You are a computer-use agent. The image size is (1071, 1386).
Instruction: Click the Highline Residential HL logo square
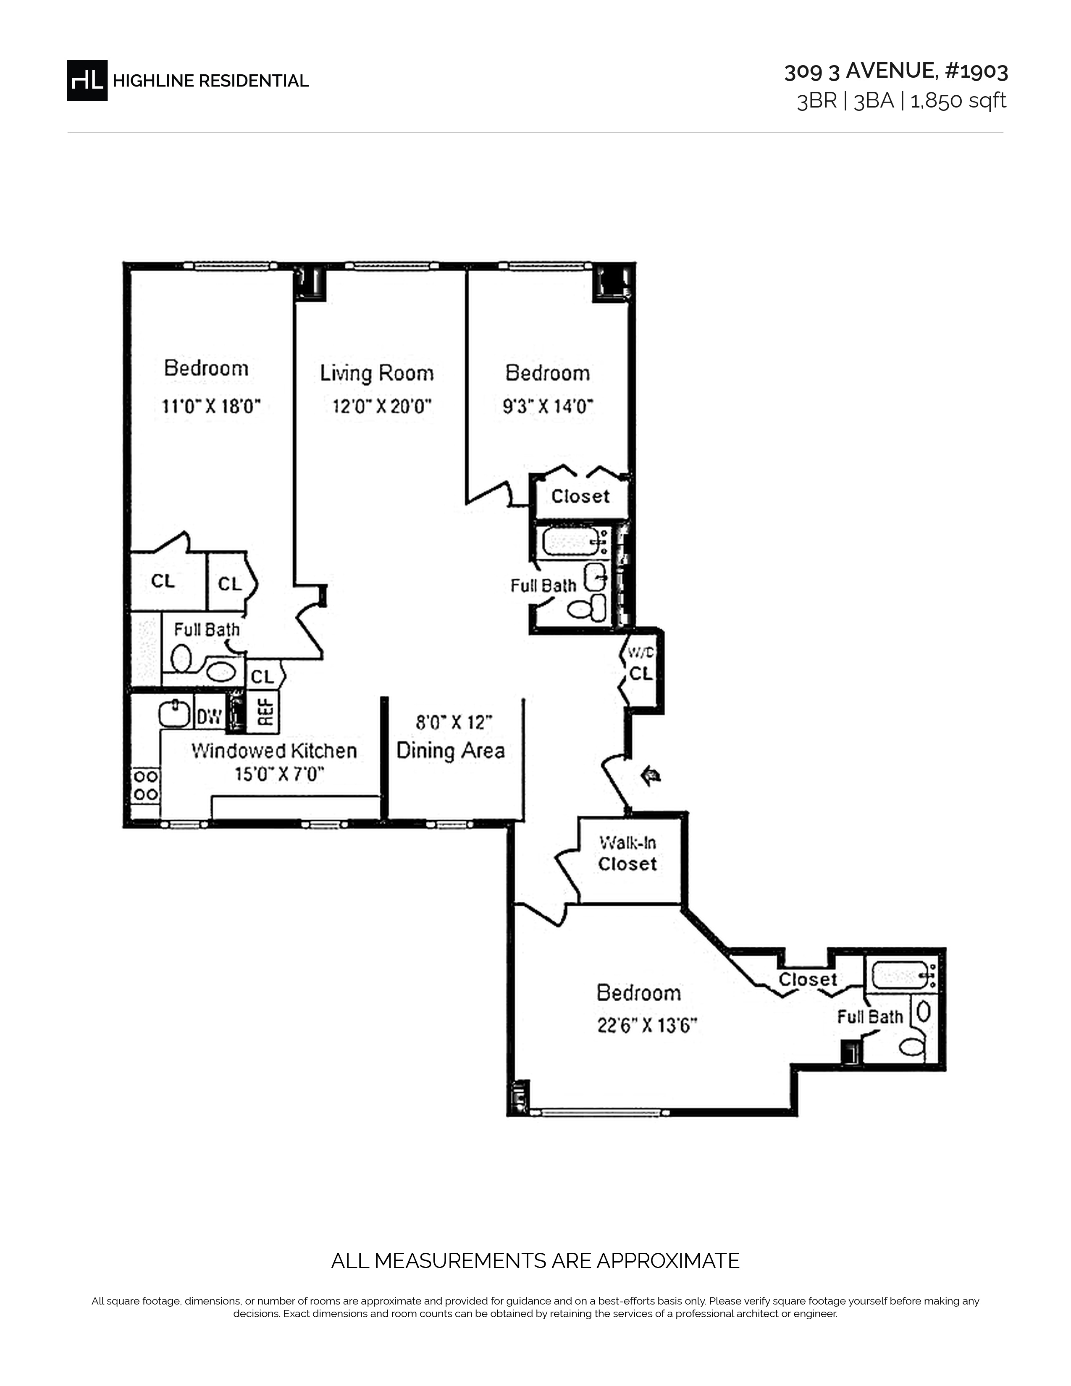pos(87,81)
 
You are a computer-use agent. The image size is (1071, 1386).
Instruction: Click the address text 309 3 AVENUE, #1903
pos(896,71)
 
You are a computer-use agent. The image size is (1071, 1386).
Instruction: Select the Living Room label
pos(377,373)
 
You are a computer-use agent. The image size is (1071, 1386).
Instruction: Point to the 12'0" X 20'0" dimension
pos(382,406)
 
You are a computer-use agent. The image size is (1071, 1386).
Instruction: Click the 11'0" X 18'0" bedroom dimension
pos(211,406)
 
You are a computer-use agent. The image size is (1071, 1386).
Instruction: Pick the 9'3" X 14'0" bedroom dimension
pos(548,406)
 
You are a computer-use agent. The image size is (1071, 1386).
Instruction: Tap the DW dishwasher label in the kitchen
pos(209,717)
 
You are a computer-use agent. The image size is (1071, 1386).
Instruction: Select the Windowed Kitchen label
pos(274,751)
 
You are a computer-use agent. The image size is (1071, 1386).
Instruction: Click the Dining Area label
pos(451,751)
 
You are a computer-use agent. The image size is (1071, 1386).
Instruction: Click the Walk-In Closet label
pos(627,853)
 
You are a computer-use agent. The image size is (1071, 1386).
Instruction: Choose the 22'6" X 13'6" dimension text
pos(647,1026)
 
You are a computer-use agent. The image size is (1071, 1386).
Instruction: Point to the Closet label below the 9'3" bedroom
pos(580,496)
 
